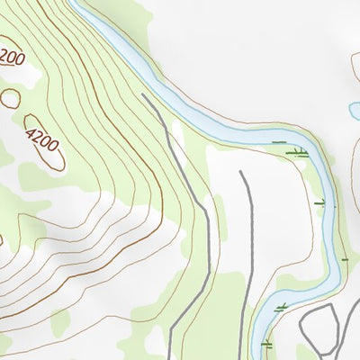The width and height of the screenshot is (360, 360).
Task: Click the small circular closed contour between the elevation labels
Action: click(x=11, y=98)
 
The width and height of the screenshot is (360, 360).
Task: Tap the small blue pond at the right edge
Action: click(x=354, y=111)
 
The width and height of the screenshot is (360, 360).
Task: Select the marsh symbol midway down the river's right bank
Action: click(x=320, y=202)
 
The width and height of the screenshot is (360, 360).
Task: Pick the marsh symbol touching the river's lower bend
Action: click(x=282, y=308)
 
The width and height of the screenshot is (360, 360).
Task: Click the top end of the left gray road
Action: click(x=144, y=94)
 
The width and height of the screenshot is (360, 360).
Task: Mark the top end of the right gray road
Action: click(x=241, y=172)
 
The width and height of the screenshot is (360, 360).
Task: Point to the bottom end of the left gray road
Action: click(x=168, y=357)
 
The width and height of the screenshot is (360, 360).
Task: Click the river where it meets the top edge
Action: click(x=79, y=4)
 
